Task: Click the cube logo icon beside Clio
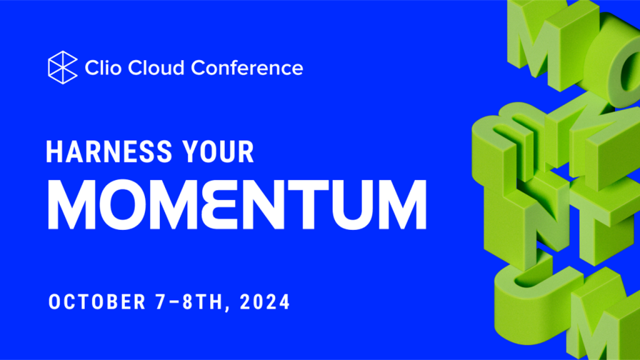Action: coord(62,67)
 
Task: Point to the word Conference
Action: coord(247,67)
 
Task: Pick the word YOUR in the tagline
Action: coord(218,152)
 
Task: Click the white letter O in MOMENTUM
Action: coord(125,204)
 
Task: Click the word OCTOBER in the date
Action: coord(97,302)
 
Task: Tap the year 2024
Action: coord(265,302)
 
